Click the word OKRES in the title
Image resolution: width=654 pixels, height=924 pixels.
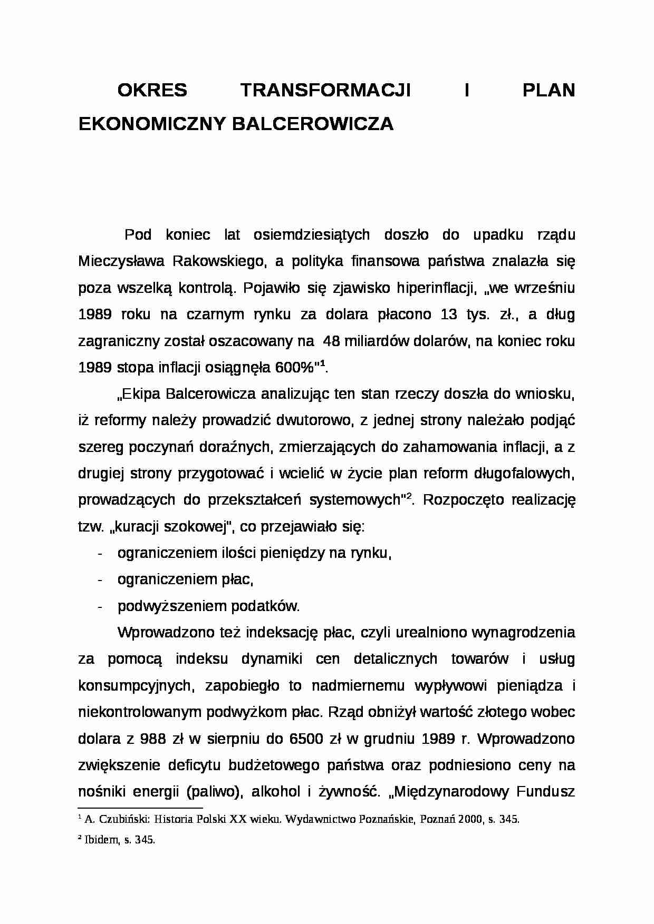152,91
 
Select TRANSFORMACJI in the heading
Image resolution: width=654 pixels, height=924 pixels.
326,91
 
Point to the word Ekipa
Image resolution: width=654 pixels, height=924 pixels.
143,394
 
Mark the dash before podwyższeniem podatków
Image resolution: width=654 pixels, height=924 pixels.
100,606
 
